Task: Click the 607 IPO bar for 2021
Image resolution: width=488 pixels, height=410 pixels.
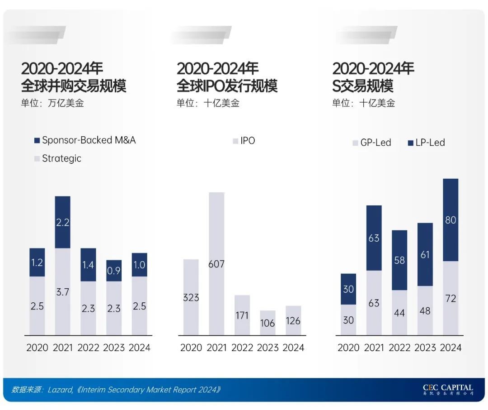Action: [x=216, y=263]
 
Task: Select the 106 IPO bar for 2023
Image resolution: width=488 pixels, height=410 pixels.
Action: [x=268, y=323]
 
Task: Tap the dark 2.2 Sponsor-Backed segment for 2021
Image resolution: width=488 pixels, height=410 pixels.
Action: [x=63, y=222]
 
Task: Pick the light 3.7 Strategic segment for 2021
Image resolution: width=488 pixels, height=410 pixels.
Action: [x=63, y=291]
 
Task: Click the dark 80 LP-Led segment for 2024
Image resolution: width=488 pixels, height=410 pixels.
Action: [x=450, y=220]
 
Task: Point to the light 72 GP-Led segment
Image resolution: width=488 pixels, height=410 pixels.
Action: [x=450, y=298]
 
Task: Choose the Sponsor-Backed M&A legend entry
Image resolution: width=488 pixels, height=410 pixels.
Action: [x=84, y=140]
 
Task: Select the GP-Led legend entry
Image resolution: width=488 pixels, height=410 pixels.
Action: [x=371, y=143]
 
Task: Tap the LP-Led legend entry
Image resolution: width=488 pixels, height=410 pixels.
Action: [x=426, y=143]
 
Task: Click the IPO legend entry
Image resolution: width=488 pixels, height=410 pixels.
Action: [x=244, y=141]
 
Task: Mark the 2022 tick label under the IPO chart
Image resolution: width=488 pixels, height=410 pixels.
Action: [x=242, y=348]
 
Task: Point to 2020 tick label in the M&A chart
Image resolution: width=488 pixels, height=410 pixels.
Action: [x=38, y=348]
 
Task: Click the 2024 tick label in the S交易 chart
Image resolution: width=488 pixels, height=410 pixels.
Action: [x=450, y=348]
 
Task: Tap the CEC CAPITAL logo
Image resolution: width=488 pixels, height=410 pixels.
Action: [x=448, y=389]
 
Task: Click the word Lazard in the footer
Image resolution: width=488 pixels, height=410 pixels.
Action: [x=60, y=390]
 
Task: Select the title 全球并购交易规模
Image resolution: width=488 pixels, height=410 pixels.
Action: [x=74, y=86]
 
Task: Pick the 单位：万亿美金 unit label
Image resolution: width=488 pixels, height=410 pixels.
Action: [x=52, y=103]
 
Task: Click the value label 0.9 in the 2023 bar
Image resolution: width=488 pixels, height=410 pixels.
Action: [x=114, y=271]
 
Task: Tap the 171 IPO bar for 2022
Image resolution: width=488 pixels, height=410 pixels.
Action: [x=242, y=315]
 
